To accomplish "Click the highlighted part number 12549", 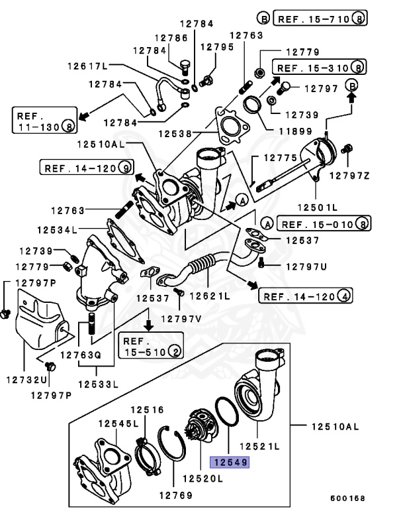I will pyautogui.click(x=229, y=463).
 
